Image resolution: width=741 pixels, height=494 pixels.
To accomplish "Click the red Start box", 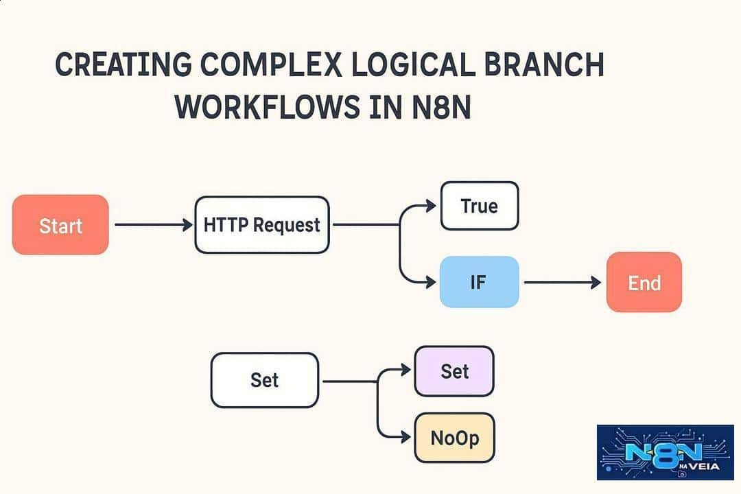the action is click(x=60, y=224).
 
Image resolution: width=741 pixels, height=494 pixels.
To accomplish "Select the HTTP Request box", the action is click(x=262, y=224).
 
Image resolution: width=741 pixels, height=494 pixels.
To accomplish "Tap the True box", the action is click(x=480, y=206).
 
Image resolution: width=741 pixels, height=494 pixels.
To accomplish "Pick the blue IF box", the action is click(x=479, y=282).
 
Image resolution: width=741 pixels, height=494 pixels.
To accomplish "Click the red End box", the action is click(x=644, y=282).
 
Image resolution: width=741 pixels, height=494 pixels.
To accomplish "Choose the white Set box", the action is click(x=265, y=380).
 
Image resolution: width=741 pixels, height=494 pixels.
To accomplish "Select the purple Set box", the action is click(x=454, y=371).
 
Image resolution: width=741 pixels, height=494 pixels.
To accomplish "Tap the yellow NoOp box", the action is click(x=455, y=438).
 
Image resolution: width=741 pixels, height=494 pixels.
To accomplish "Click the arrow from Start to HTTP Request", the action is click(x=154, y=224).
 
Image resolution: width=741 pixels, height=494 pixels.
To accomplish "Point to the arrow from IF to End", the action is click(x=563, y=282).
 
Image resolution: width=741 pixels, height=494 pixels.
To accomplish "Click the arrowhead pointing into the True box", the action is click(x=431, y=206).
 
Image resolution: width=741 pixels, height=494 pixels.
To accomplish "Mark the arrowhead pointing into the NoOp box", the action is click(x=406, y=437).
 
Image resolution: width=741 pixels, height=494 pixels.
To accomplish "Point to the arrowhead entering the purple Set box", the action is click(x=406, y=369).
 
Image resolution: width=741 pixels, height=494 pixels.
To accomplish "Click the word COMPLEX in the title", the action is click(x=271, y=64).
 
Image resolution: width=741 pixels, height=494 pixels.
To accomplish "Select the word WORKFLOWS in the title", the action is click(x=268, y=106).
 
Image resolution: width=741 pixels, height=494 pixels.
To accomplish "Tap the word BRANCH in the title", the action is click(x=544, y=64).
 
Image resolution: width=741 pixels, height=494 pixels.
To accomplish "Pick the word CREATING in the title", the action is click(x=123, y=64).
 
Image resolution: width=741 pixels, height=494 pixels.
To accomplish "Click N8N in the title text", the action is click(x=441, y=106).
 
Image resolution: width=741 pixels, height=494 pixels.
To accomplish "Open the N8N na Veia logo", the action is click(x=666, y=452).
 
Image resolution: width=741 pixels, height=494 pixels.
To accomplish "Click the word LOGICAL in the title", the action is click(x=412, y=64).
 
